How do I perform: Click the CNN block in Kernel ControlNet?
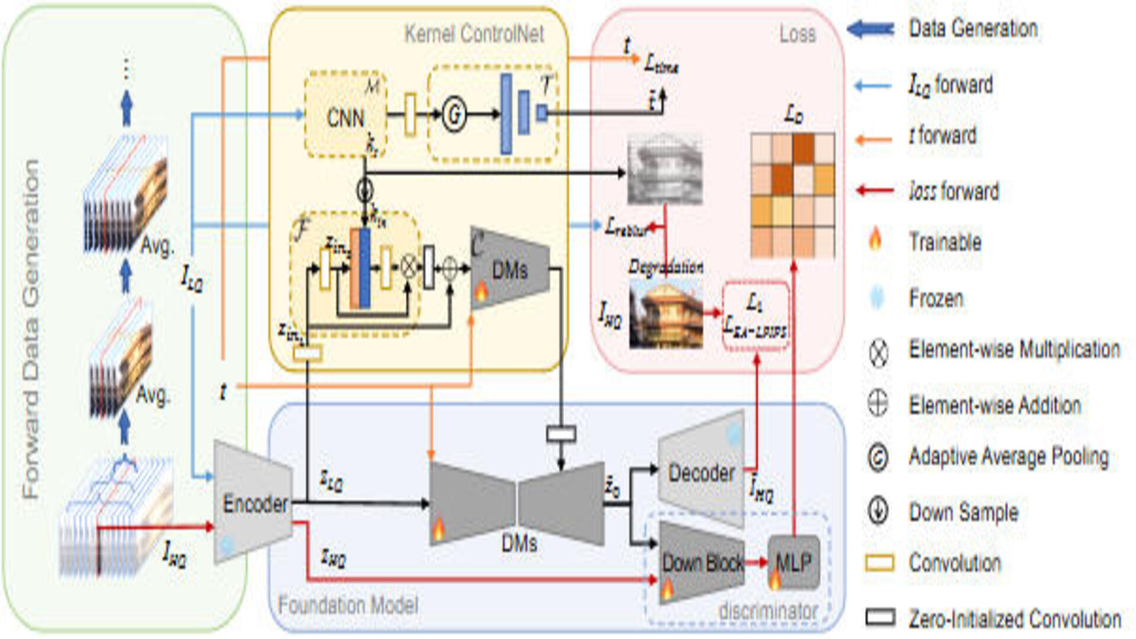[346, 118]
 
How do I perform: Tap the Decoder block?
[701, 473]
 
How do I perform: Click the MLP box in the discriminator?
[793, 563]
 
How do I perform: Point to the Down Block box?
[702, 563]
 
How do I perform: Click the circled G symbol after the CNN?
[454, 115]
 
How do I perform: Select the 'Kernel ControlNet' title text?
[474, 34]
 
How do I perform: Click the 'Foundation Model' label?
[348, 605]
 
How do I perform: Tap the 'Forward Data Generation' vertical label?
[31, 328]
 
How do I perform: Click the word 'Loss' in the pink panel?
[797, 34]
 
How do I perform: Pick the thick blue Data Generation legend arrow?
[871, 28]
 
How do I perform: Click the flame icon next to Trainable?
[875, 240]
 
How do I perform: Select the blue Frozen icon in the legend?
[877, 297]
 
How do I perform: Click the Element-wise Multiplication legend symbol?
[878, 353]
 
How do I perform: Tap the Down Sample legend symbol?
[878, 511]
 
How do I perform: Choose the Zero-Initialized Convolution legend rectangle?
[880, 617]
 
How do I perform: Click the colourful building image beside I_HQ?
[666, 314]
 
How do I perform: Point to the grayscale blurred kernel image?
[664, 170]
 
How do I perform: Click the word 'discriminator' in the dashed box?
[767, 611]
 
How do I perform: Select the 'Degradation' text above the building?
[666, 267]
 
